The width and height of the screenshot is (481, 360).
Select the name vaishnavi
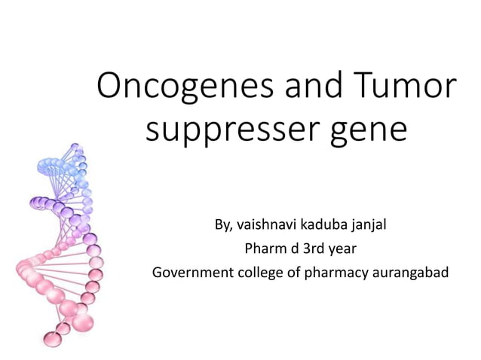click(x=269, y=224)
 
